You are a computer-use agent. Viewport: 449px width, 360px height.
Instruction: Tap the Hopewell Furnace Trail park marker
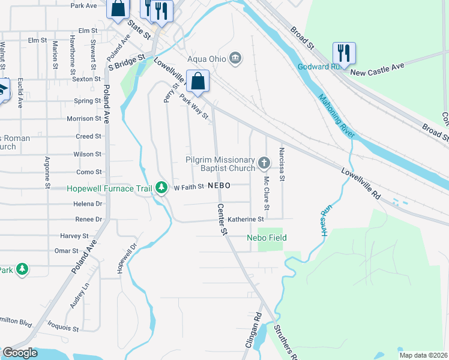161,188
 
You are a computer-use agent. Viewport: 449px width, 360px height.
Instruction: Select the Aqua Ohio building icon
236,58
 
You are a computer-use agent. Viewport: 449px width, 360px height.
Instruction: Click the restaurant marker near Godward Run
344,53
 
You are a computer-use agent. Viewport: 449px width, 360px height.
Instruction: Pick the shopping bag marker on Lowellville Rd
197,81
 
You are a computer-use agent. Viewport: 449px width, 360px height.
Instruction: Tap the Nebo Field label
267,238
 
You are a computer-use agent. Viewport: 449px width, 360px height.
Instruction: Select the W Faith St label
189,187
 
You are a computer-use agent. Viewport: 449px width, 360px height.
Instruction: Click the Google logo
20,353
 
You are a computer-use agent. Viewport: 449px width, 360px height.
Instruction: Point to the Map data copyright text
423,355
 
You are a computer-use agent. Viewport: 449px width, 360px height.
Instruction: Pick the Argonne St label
48,172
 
